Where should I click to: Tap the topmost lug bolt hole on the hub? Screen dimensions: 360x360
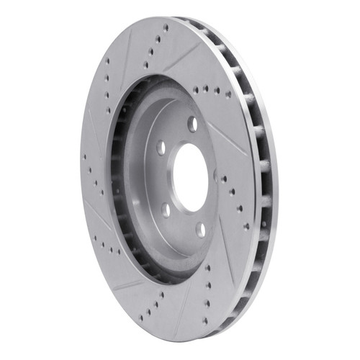192,124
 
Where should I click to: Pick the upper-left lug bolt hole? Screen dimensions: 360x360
161,148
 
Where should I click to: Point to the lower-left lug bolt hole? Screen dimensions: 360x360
166,210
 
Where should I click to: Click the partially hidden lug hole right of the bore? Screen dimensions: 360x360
215,174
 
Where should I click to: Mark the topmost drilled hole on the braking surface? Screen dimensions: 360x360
166,27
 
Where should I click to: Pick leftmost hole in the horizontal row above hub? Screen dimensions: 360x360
196,91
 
